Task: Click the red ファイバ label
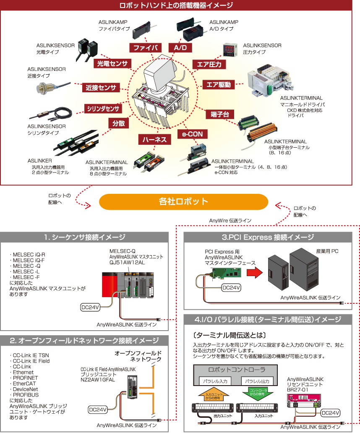click(x=145, y=48)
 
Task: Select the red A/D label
click(x=180, y=48)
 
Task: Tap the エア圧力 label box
click(x=209, y=64)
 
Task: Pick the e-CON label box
click(x=192, y=134)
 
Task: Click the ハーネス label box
click(x=154, y=139)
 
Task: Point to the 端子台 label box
click(x=220, y=115)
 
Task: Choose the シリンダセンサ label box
click(x=103, y=109)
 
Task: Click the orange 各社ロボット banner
click(x=183, y=201)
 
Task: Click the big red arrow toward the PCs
click(x=253, y=273)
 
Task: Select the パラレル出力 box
click(x=257, y=381)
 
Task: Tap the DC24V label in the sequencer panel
click(x=90, y=307)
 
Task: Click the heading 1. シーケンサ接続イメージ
click(x=84, y=237)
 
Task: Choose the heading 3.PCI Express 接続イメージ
click(x=268, y=237)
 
